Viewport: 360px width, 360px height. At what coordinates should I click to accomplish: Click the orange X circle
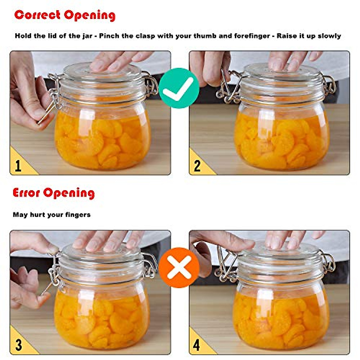coord(179,267)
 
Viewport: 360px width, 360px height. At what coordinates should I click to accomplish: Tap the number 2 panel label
coord(197,166)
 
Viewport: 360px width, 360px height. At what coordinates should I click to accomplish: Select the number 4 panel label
coord(197,345)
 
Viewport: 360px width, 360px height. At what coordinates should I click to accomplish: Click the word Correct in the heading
coord(37,15)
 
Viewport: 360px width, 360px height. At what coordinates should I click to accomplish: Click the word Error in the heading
coord(26,193)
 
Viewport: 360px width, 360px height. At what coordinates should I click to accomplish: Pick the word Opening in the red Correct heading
coord(90,15)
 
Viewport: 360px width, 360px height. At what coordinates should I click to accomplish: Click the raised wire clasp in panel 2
coord(228,87)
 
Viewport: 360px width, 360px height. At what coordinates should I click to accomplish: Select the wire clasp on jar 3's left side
coord(54,273)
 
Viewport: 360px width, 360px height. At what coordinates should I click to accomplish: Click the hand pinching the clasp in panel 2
coord(210,67)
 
